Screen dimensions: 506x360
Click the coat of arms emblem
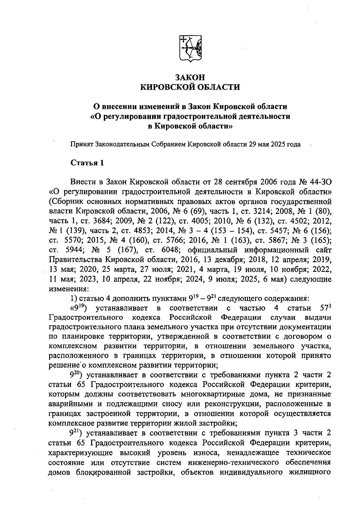click(x=190, y=49)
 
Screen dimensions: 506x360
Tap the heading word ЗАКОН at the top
click(x=190, y=77)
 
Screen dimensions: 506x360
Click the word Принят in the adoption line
click(x=82, y=144)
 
